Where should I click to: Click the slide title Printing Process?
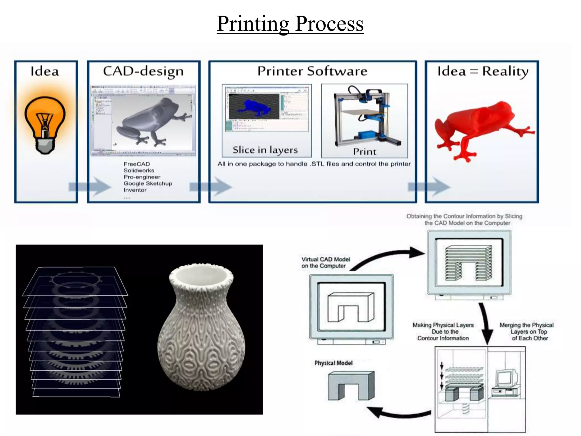click(290, 24)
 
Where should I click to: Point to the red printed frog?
click(482, 128)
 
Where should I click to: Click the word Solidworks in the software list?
click(139, 170)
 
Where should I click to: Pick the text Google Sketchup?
click(148, 183)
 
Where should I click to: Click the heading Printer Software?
click(312, 71)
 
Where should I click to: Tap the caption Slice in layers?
click(265, 150)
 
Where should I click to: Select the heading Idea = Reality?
click(483, 71)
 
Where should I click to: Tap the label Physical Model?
click(333, 363)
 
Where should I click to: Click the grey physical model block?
click(351, 386)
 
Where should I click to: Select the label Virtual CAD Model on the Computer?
click(325, 263)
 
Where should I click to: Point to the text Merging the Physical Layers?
click(527, 332)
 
